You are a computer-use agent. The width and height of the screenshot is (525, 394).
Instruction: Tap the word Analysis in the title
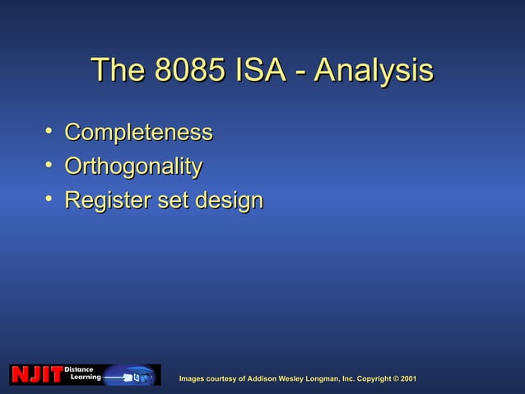tap(374, 71)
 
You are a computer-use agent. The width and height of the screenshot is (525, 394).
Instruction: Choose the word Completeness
tap(138, 133)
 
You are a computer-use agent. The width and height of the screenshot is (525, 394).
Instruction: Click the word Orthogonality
tap(133, 167)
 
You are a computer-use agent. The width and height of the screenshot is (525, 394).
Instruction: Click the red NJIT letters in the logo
tap(35, 376)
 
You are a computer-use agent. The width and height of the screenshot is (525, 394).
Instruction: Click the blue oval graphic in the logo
tap(130, 376)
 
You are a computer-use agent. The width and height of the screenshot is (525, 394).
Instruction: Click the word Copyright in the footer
tap(368, 378)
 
